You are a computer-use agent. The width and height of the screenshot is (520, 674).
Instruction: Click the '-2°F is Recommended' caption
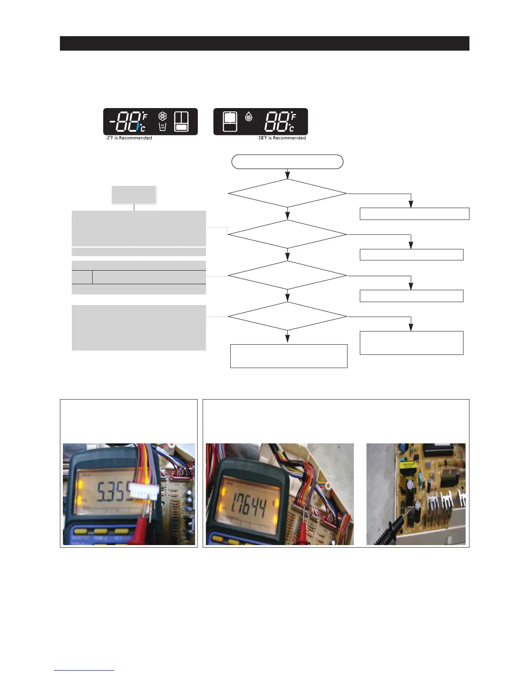[x=129, y=138]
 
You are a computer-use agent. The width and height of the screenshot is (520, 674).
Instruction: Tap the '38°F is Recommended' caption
[x=282, y=138]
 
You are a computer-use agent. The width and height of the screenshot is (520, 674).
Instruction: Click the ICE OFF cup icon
[x=162, y=126]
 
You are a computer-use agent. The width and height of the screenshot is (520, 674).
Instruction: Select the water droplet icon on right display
[x=249, y=116]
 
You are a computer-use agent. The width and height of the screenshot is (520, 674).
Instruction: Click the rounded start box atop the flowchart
[x=287, y=162]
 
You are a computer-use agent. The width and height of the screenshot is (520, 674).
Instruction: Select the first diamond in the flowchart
[x=287, y=194]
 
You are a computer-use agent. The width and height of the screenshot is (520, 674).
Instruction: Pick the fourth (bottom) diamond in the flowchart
[x=287, y=316]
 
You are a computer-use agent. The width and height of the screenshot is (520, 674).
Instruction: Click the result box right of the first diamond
[x=414, y=214]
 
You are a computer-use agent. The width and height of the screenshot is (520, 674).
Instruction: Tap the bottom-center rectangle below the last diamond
[x=288, y=356]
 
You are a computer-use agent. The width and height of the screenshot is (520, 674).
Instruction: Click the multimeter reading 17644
[x=246, y=506]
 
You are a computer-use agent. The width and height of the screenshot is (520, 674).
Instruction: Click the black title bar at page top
[x=264, y=43]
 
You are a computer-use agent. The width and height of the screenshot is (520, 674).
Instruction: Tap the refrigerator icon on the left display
[x=181, y=121]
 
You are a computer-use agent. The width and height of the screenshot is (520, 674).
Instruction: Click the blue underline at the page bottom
[x=84, y=670]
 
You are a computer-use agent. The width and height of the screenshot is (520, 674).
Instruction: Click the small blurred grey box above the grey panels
[x=134, y=195]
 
